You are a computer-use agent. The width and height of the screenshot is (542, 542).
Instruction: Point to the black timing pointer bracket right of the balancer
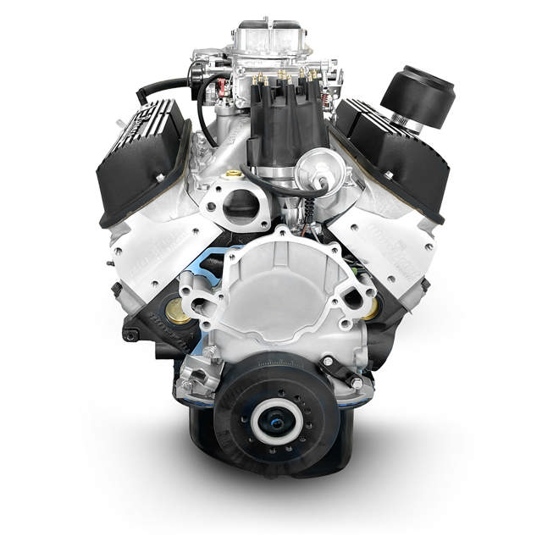click(x=343, y=368)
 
